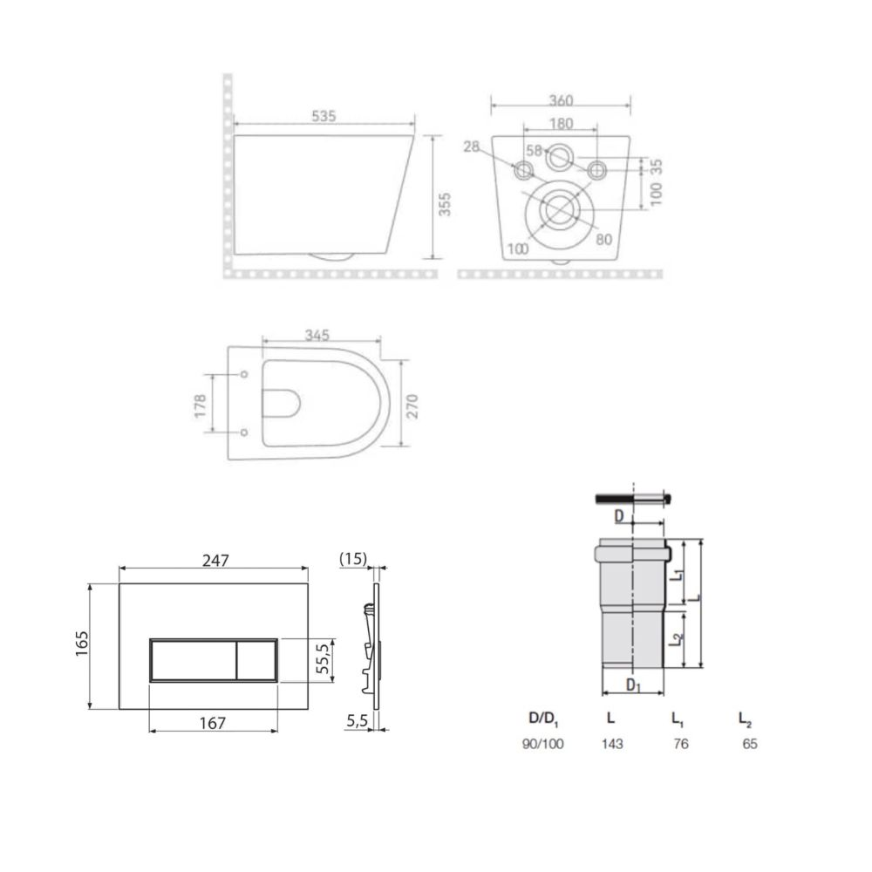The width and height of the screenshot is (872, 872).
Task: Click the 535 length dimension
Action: [324, 116]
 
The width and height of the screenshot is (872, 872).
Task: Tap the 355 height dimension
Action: [445, 204]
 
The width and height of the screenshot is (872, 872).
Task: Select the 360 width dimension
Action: [561, 100]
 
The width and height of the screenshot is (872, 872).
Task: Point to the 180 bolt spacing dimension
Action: [561, 123]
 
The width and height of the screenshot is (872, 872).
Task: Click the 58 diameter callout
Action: [534, 150]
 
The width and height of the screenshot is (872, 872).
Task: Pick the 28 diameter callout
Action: [471, 146]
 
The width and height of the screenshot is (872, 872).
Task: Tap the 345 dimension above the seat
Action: [317, 335]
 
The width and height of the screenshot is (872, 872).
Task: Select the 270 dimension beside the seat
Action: [412, 406]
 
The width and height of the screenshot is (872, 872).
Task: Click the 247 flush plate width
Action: [215, 560]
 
